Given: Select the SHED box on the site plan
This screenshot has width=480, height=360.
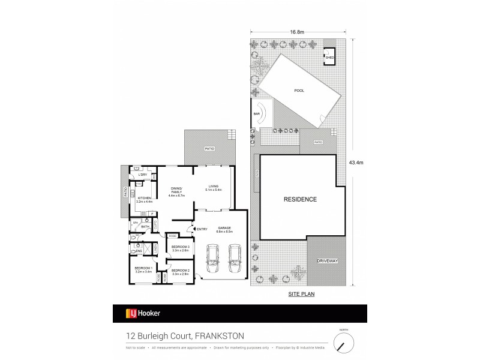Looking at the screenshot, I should (329, 58).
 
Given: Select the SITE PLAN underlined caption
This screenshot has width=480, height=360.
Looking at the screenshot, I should (301, 295).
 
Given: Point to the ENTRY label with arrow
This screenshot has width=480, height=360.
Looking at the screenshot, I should (200, 228).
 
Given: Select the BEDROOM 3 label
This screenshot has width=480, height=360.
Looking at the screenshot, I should (180, 249).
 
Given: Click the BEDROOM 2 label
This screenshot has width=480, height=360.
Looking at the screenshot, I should (180, 272).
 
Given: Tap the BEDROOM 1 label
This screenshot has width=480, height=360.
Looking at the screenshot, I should (143, 269).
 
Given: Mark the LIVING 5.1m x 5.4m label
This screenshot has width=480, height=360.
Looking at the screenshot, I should (214, 188).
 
